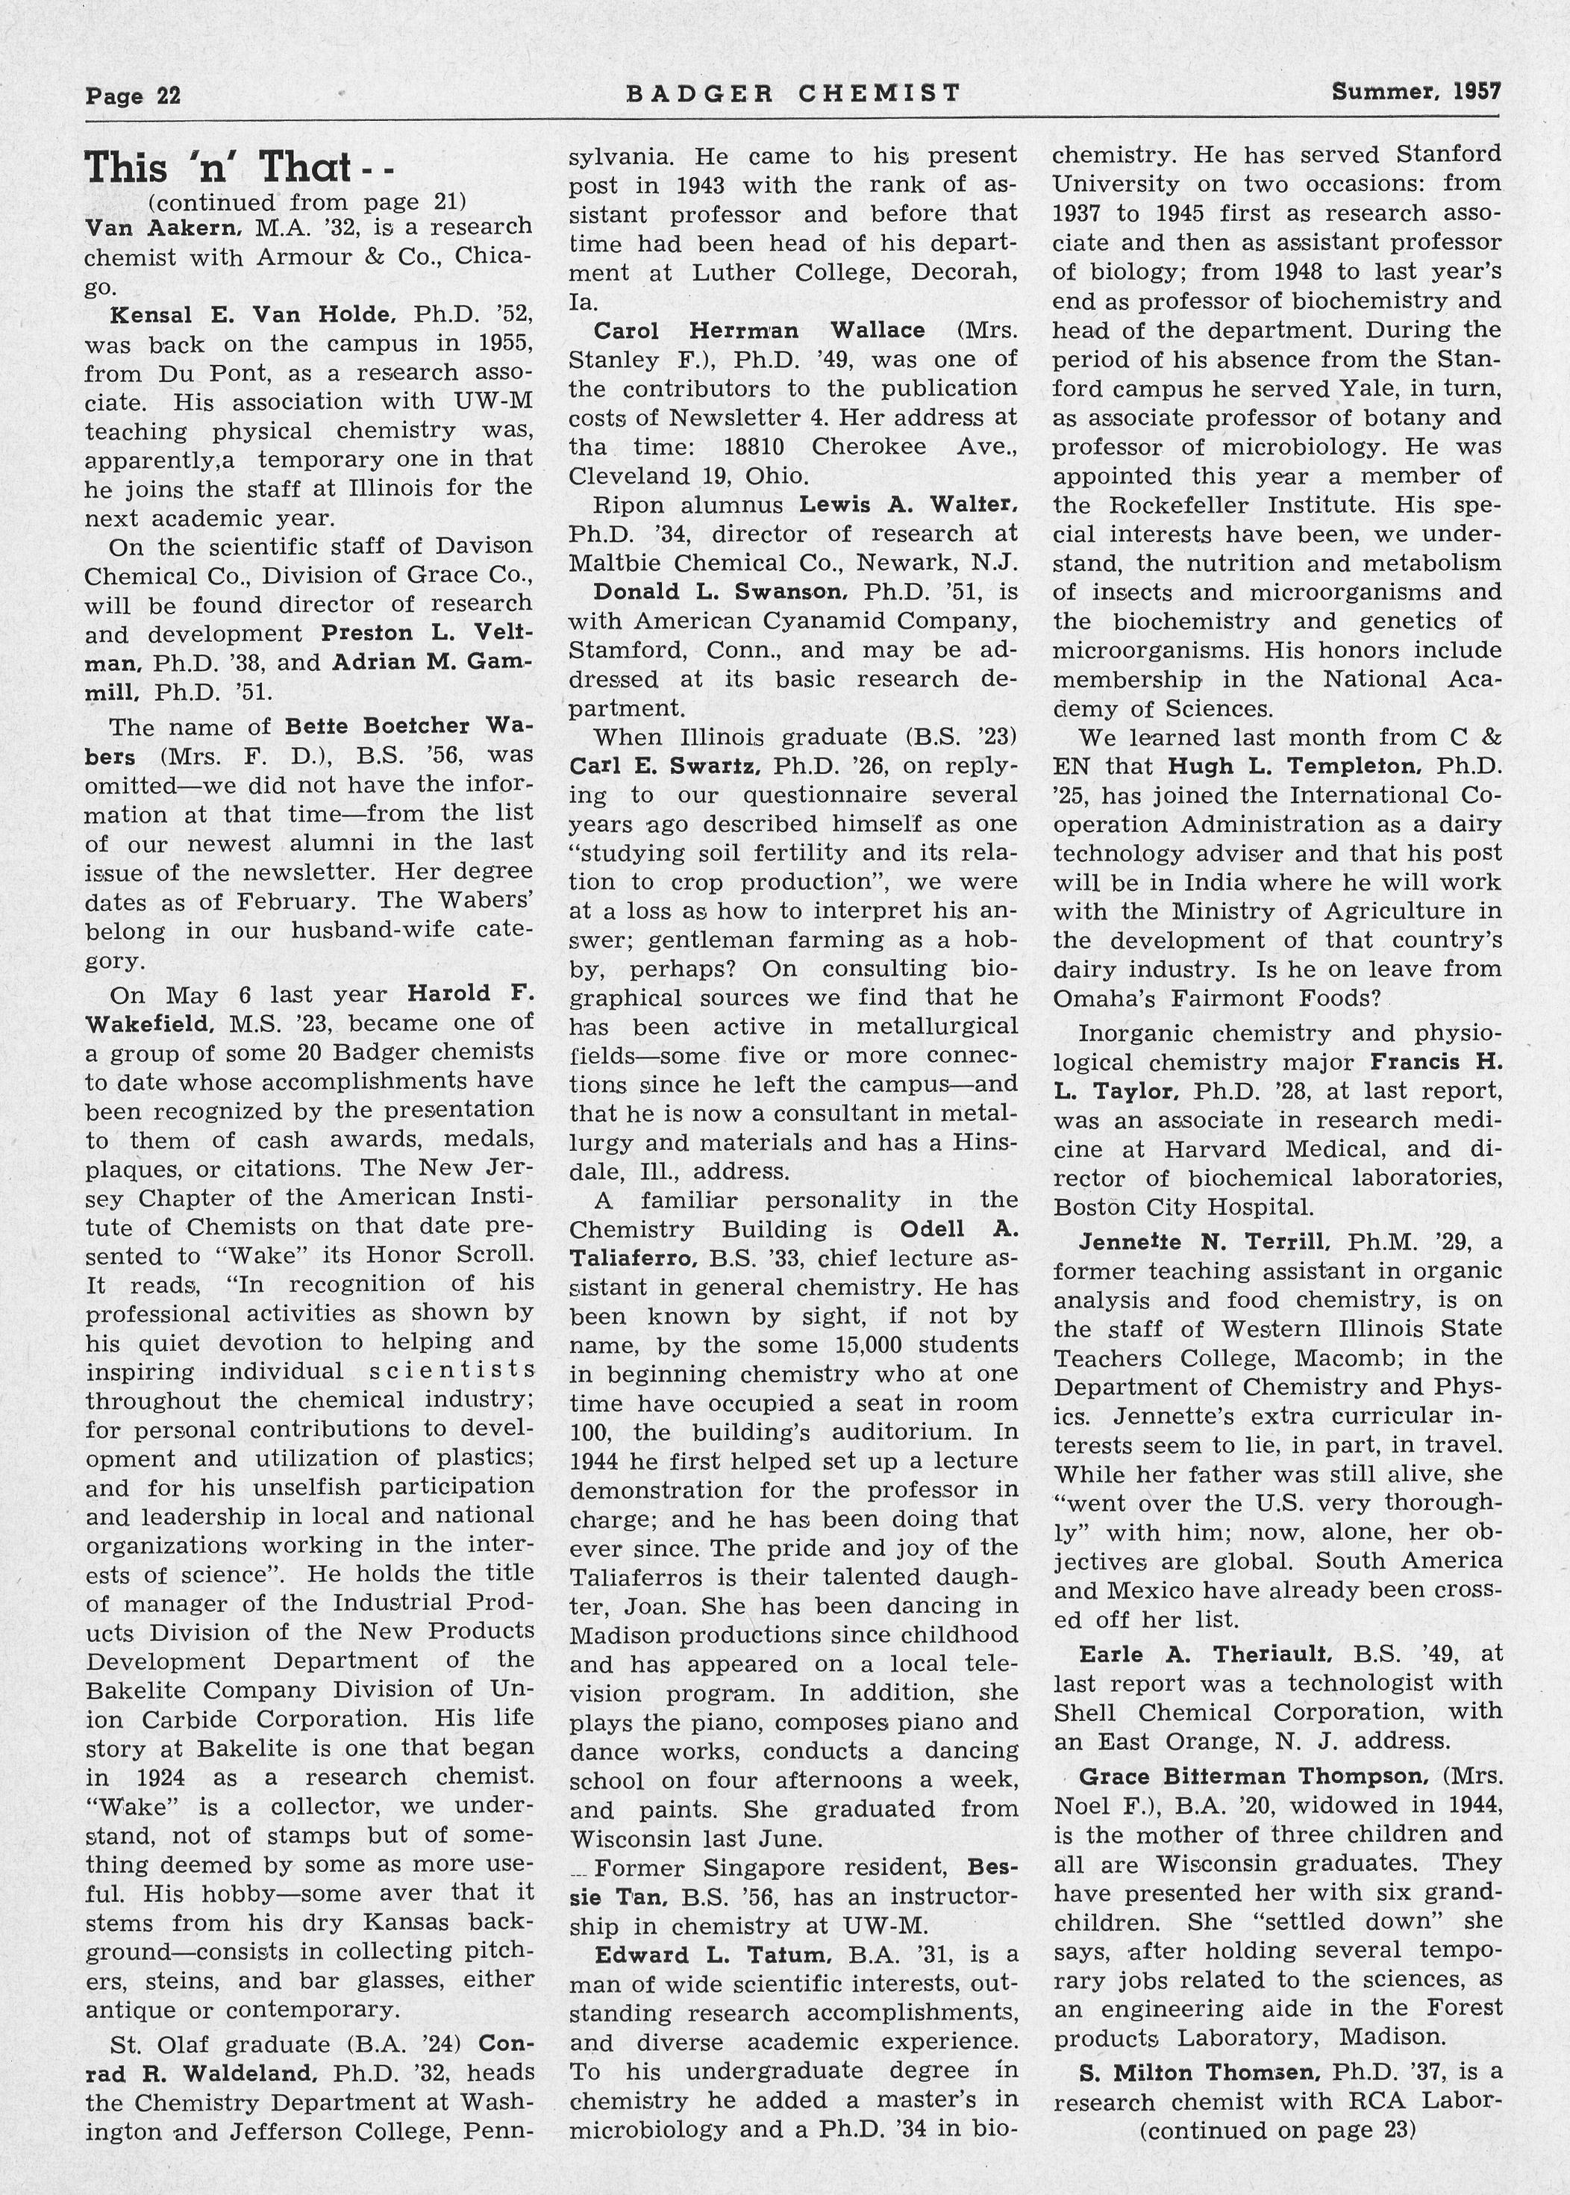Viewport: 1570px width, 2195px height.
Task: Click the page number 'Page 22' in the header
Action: tap(132, 96)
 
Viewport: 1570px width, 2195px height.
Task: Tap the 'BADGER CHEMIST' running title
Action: tap(792, 93)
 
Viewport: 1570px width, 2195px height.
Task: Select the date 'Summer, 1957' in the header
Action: tap(1416, 92)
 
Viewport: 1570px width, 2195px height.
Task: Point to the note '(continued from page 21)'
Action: tap(307, 202)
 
